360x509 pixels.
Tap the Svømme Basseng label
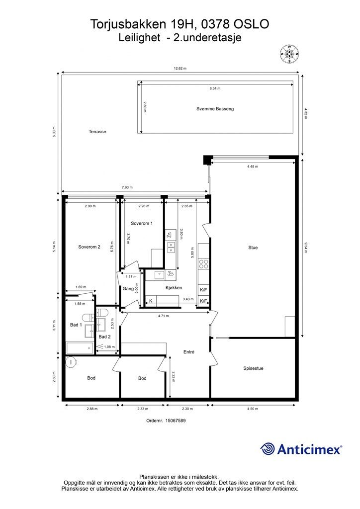click(x=215, y=109)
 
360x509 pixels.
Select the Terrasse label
click(x=97, y=132)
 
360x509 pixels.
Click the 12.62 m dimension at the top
click(x=180, y=69)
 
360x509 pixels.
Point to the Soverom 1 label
click(x=142, y=223)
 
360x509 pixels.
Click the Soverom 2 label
click(x=90, y=247)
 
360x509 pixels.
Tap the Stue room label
click(x=253, y=248)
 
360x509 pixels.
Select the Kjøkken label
click(x=174, y=288)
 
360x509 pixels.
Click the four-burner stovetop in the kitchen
click(x=203, y=264)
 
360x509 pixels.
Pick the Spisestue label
click(x=253, y=368)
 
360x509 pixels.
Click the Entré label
click(x=189, y=352)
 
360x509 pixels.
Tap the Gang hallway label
click(x=128, y=289)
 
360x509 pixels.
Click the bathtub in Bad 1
click(x=80, y=348)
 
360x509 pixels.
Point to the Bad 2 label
click(x=104, y=337)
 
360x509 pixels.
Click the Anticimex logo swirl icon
click(x=268, y=449)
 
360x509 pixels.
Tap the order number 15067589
click(x=176, y=421)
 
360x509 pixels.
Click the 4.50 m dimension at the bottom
click(x=253, y=409)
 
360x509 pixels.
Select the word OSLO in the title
click(x=252, y=24)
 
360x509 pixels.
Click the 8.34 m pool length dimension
click(x=215, y=88)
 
